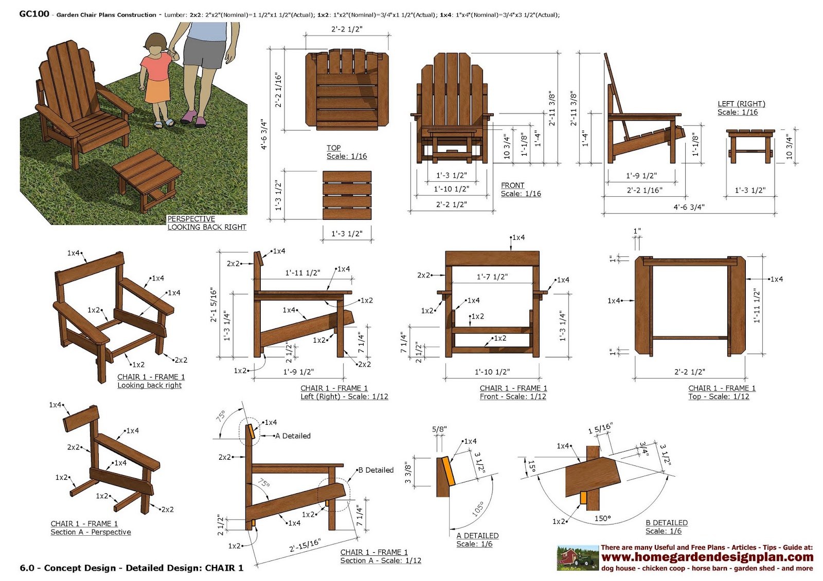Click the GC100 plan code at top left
[34, 14]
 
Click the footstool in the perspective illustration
[147, 180]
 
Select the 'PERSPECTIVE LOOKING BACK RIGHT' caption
[207, 223]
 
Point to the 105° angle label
[478, 509]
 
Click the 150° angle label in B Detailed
[602, 518]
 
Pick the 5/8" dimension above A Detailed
[439, 429]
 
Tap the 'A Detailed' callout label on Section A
[293, 436]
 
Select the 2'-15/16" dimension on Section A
[305, 545]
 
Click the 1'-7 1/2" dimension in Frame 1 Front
[492, 277]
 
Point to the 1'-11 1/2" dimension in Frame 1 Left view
[303, 273]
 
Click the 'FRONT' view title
[512, 185]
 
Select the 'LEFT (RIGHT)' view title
[741, 104]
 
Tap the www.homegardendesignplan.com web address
[707, 557]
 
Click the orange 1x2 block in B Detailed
[583, 498]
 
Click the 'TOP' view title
[334, 147]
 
